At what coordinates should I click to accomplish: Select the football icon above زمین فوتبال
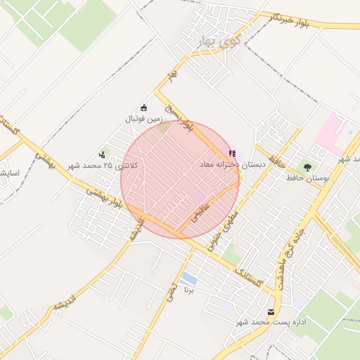coord(144,108)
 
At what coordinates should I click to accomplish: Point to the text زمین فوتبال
coord(145,120)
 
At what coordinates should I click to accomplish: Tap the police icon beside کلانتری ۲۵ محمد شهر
coord(103,155)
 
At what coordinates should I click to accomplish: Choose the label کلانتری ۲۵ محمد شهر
coord(103,166)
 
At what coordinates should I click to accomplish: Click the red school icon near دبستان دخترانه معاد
coord(232,153)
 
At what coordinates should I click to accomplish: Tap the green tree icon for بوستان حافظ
coord(307,167)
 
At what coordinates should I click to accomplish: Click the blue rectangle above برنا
coord(188,280)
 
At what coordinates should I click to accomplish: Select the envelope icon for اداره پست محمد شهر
coord(272,311)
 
